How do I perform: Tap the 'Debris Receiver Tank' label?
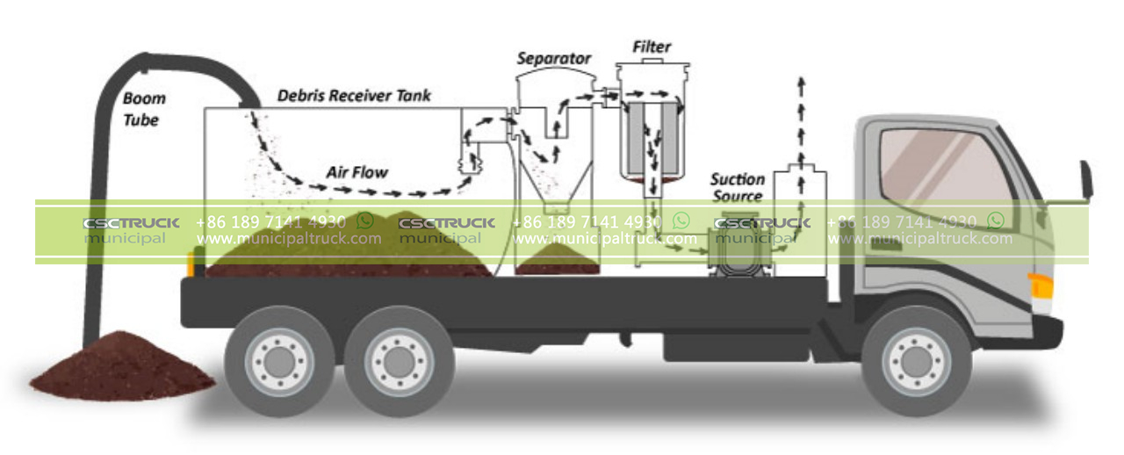tap(354, 95)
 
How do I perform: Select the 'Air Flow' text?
tap(357, 171)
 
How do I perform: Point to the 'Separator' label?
tap(553, 59)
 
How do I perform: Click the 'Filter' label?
tap(651, 45)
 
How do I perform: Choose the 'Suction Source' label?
tap(737, 188)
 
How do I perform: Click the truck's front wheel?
tap(916, 360)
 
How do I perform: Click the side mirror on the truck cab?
tap(1085, 181)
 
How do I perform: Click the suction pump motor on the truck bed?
tap(736, 250)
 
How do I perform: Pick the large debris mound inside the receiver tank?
tap(351, 246)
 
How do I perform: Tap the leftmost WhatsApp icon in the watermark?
tap(364, 220)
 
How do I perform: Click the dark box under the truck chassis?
tap(720, 346)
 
